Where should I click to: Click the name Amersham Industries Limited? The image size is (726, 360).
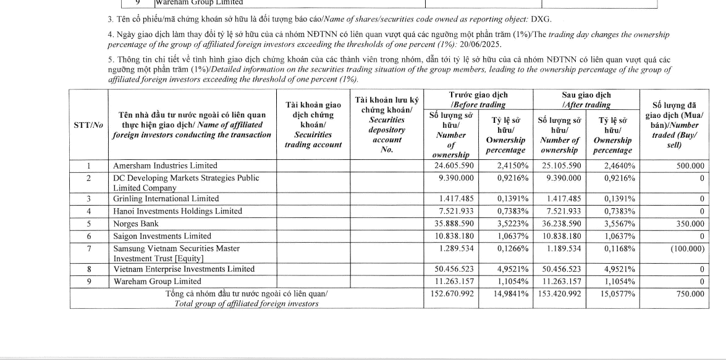pyautogui.click(x=165, y=165)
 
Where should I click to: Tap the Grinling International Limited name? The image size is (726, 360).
pyautogui.click(x=166, y=199)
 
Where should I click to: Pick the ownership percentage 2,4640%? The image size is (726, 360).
pyautogui.click(x=615, y=165)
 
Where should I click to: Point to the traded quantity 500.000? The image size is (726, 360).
pyautogui.click(x=689, y=165)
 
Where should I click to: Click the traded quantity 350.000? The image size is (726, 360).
pyautogui.click(x=689, y=224)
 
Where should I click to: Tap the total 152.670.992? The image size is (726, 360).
pyautogui.click(x=452, y=294)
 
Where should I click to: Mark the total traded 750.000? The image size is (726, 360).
pyautogui.click(x=689, y=294)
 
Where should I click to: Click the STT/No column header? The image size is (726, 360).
pyautogui.click(x=88, y=125)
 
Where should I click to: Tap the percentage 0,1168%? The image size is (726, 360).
pyautogui.click(x=615, y=248)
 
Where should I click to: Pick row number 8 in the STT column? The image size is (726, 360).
pyautogui.click(x=88, y=269)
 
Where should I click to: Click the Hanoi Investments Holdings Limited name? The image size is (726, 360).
pyautogui.click(x=177, y=211)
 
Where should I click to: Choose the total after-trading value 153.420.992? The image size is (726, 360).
pyautogui.click(x=559, y=294)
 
